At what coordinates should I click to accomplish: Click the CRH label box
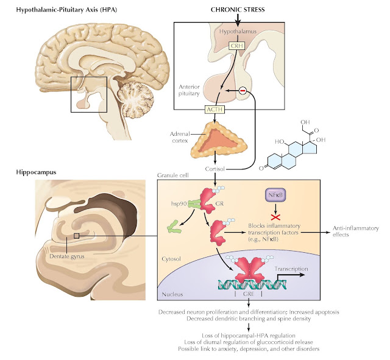[236, 46]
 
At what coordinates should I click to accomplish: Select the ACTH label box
[214, 110]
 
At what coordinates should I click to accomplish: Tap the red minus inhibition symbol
[243, 91]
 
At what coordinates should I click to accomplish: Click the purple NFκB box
[275, 195]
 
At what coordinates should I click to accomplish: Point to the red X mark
[275, 217]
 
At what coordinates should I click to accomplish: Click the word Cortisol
[215, 169]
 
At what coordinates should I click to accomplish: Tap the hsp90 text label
[179, 203]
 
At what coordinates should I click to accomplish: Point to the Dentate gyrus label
[67, 256]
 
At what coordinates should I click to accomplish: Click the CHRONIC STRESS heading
[238, 10]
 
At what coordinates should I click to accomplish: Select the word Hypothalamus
[238, 32]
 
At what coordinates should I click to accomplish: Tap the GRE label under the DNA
[249, 294]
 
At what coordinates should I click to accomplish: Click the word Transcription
[291, 269]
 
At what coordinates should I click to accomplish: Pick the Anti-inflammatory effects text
[356, 231]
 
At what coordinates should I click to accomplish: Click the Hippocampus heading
[36, 172]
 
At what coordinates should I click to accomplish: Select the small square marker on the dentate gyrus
[77, 236]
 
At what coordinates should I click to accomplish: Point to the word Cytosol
[171, 259]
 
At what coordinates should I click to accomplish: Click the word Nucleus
[172, 294]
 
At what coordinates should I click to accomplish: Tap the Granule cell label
[173, 175]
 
